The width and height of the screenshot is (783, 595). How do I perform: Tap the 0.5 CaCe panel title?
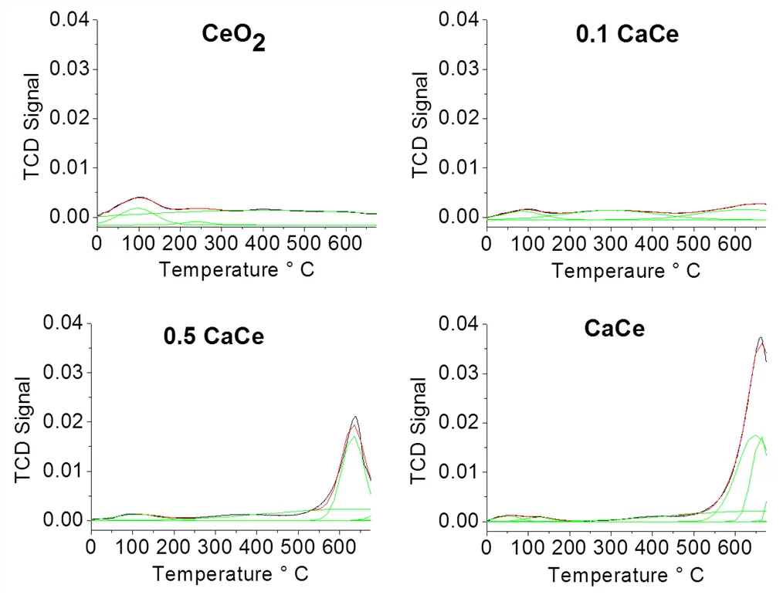coord(213,336)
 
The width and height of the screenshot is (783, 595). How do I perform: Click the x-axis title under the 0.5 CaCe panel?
coord(231,574)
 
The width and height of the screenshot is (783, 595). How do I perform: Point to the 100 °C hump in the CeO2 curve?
coord(139,198)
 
